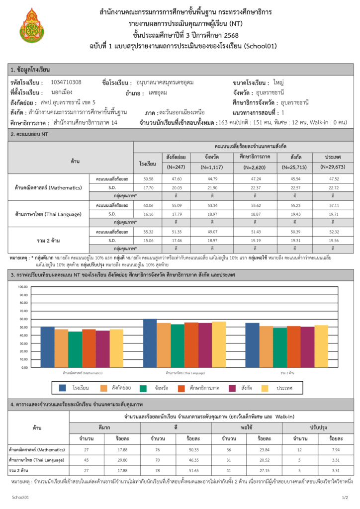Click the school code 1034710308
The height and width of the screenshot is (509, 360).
pyautogui.click(x=66, y=83)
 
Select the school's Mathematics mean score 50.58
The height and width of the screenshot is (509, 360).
pyautogui.click(x=148, y=178)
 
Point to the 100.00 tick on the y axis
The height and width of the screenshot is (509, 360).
pyautogui.click(x=23, y=287)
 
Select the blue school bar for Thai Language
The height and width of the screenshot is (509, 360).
pyautogui.click(x=150, y=343)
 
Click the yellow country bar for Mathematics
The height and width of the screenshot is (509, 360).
pyautogui.click(x=116, y=348)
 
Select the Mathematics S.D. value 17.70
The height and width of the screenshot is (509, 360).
pyautogui.click(x=148, y=187)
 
